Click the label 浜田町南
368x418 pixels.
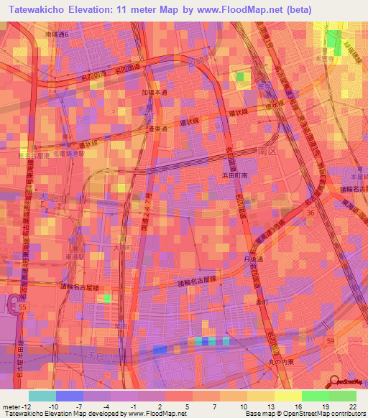(x=235, y=175)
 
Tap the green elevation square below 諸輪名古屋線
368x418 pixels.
(x=108, y=297)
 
